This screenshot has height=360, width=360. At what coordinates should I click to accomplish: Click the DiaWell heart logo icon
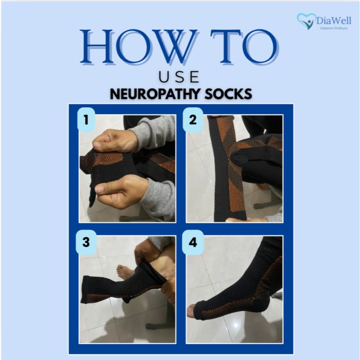point(306,21)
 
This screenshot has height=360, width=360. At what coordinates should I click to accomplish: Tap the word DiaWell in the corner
point(333,20)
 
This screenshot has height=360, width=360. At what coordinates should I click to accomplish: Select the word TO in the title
point(244,46)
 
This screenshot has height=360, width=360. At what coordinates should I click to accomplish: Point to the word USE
point(179,77)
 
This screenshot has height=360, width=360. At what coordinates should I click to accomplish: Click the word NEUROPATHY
point(155,94)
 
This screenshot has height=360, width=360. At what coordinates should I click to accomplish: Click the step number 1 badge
point(86,119)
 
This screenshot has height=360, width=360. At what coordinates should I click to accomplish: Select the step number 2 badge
point(193,119)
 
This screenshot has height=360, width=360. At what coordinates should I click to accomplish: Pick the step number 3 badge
point(86,242)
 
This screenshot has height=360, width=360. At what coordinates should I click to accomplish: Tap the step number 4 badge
point(193,242)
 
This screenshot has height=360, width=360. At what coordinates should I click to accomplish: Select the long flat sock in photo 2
point(227,169)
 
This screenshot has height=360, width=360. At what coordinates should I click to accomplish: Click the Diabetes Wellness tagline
point(333,28)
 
